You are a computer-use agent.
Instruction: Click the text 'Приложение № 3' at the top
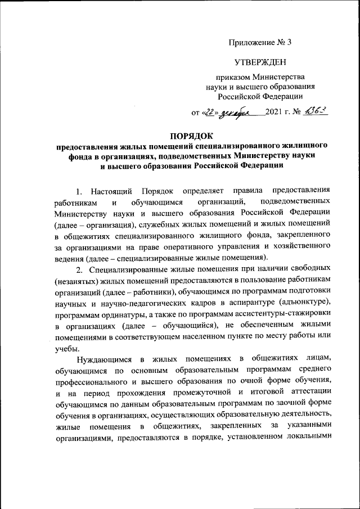coord(260,43)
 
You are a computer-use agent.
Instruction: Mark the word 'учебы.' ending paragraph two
coord(66,350)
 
